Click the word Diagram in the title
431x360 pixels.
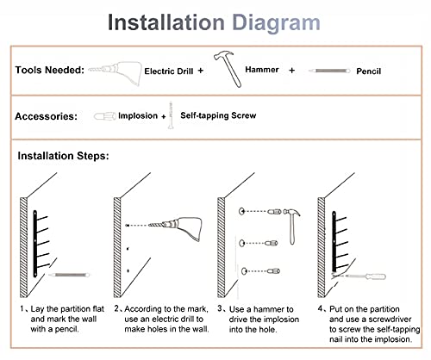point(276,23)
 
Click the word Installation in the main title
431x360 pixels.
point(166,22)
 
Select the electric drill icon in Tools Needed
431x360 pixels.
point(115,73)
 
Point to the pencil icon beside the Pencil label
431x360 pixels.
point(329,71)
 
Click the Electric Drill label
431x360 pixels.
point(169,71)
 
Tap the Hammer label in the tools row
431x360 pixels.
point(262,70)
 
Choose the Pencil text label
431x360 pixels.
point(369,71)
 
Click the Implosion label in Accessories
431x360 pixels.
point(138,115)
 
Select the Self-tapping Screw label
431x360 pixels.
point(218,115)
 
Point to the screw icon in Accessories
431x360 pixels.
point(171,115)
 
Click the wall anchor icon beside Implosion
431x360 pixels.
point(105,116)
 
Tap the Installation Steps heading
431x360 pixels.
point(63,156)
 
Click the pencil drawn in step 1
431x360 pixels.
point(69,275)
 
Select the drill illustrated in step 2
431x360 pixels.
point(175,227)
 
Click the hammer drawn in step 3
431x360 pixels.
point(291,227)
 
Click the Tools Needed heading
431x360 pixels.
point(50,70)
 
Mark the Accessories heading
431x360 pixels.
point(46,116)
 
